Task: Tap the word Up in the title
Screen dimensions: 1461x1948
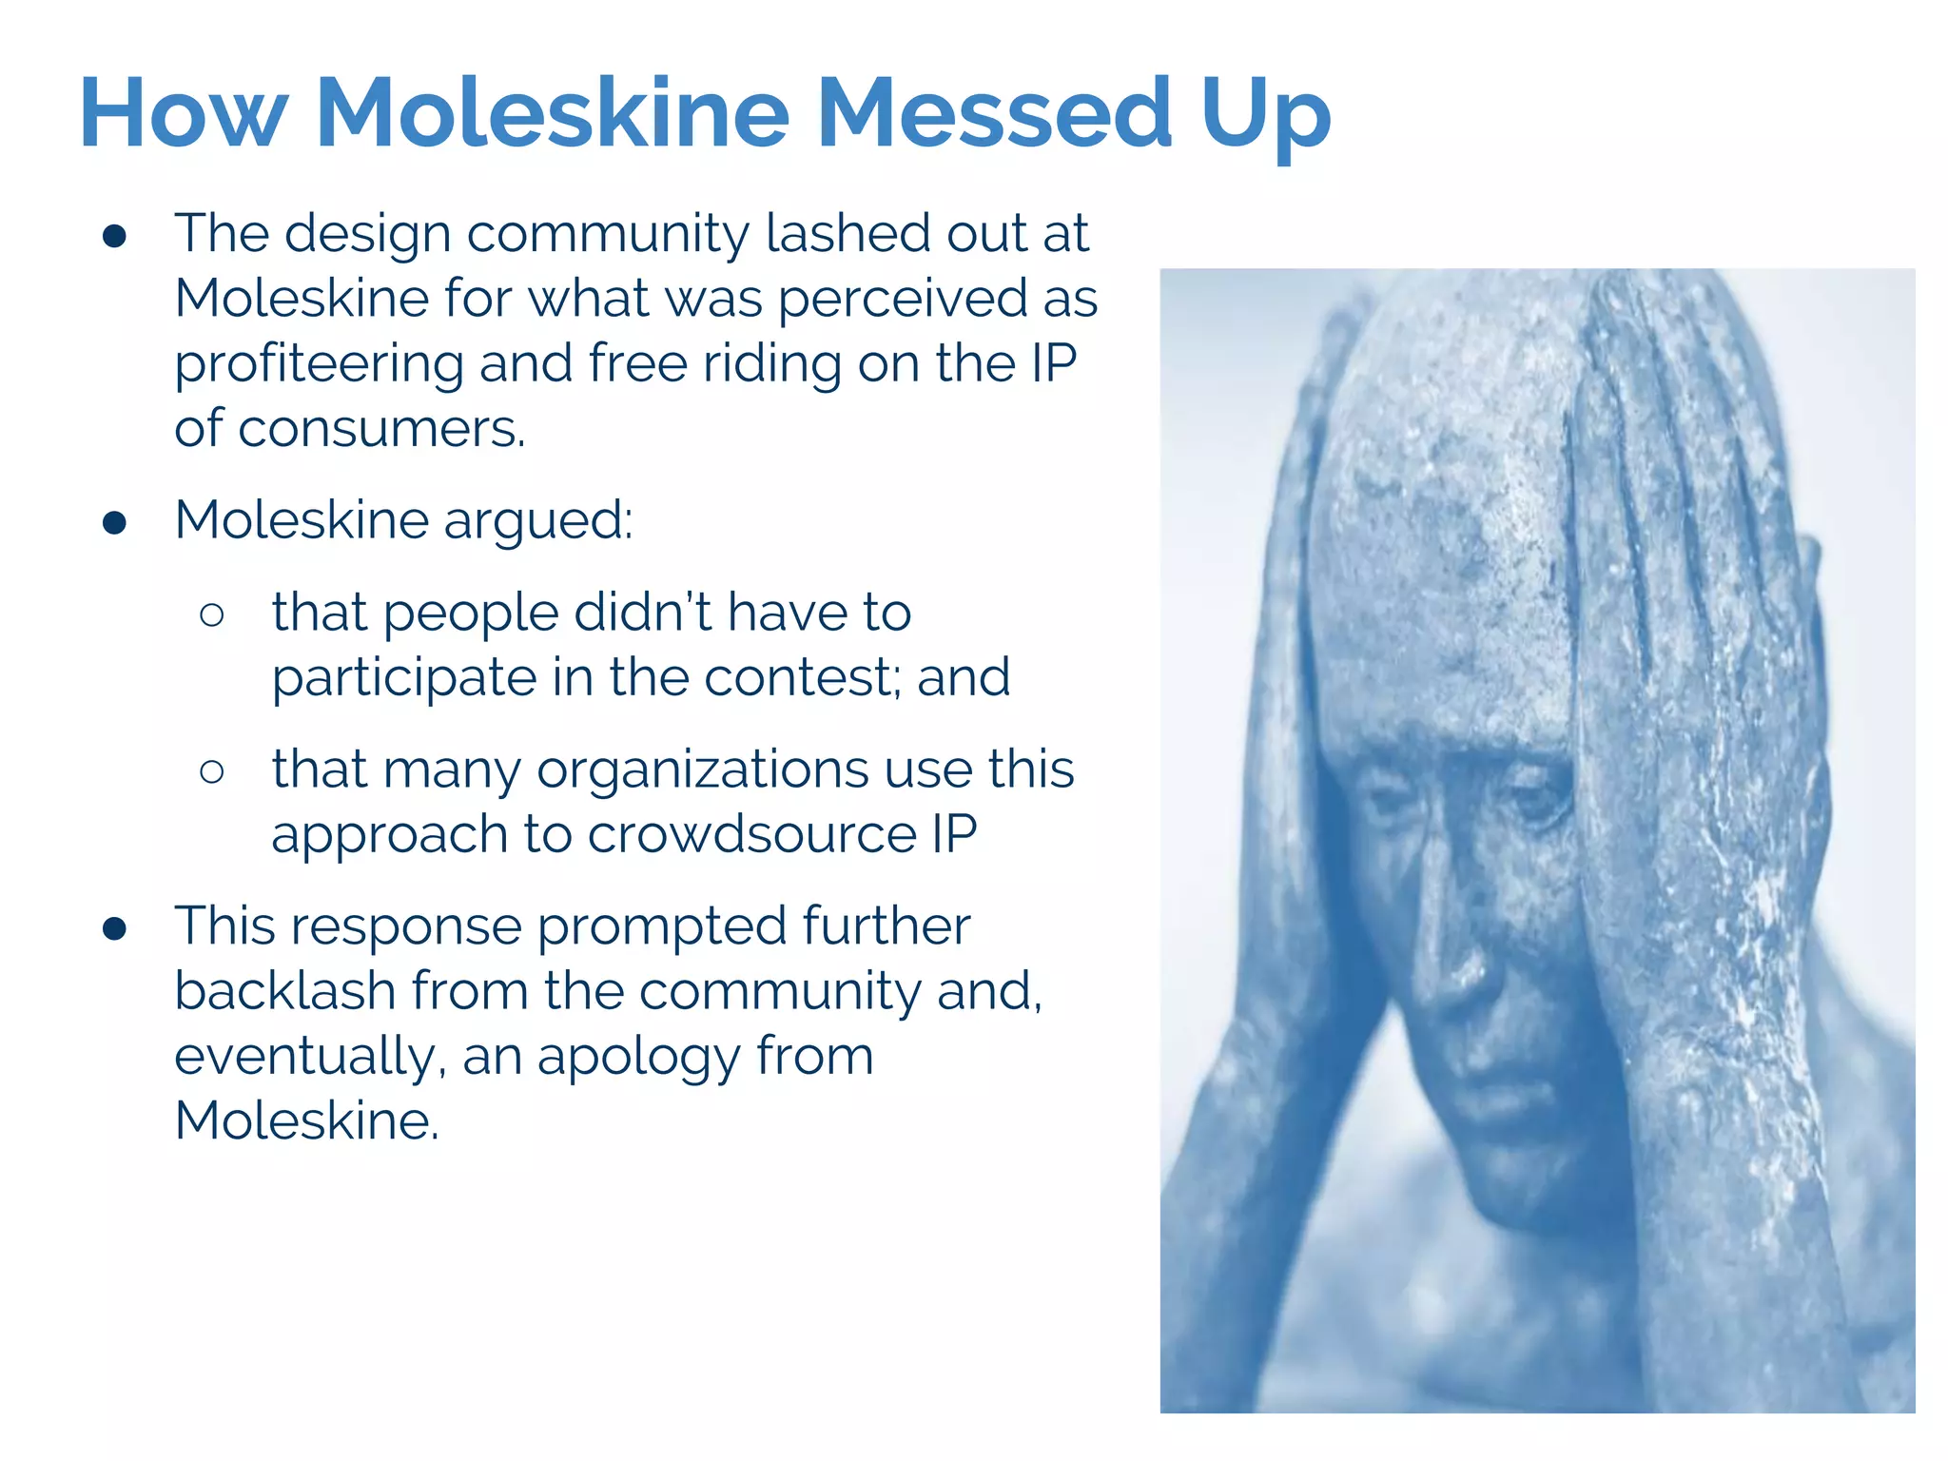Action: (x=1265, y=116)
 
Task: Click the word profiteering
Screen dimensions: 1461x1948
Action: (x=319, y=364)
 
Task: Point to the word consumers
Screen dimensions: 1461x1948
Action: (x=380, y=429)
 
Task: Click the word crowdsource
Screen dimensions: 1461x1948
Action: (x=751, y=834)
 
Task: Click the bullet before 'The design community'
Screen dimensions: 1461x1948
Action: (x=115, y=237)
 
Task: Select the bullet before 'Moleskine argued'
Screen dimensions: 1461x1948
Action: (x=115, y=523)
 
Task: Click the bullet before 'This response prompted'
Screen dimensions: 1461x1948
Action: (x=115, y=929)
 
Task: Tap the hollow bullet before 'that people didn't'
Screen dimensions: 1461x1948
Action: (x=212, y=615)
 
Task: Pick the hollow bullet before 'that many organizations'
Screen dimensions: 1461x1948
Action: (x=212, y=771)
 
